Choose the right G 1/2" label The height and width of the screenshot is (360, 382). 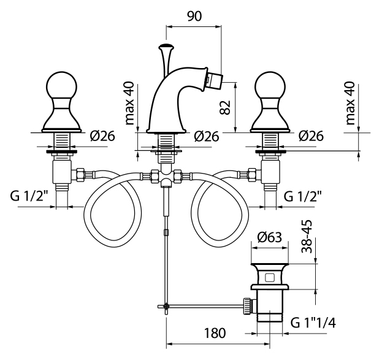(303, 197)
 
